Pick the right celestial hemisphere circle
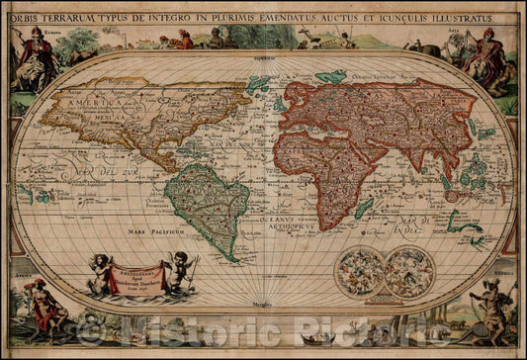click(409, 272)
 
